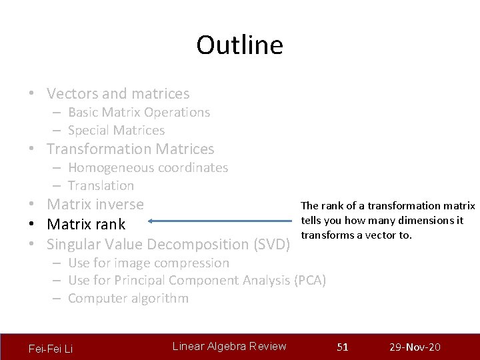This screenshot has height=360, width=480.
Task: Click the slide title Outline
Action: point(239,45)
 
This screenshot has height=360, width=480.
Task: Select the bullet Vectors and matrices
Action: point(118,94)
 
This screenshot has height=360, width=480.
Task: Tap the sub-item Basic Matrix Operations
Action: point(139,113)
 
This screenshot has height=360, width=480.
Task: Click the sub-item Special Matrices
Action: point(116,131)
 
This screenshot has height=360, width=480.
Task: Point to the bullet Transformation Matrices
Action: point(130,149)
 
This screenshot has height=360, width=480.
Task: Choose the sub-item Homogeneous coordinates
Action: point(147,168)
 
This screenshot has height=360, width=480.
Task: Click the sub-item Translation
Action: point(101,186)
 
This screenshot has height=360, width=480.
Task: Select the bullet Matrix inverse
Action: point(95,205)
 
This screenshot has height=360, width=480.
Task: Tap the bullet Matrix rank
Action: point(86,224)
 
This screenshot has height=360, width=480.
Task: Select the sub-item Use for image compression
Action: point(148,263)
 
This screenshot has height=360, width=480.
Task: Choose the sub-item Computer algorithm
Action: point(128,299)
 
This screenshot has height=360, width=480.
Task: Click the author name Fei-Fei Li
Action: point(51,349)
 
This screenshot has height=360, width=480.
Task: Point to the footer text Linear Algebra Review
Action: point(229,346)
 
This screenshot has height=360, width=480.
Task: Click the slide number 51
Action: point(343,347)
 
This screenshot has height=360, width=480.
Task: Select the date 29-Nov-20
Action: point(414,347)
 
